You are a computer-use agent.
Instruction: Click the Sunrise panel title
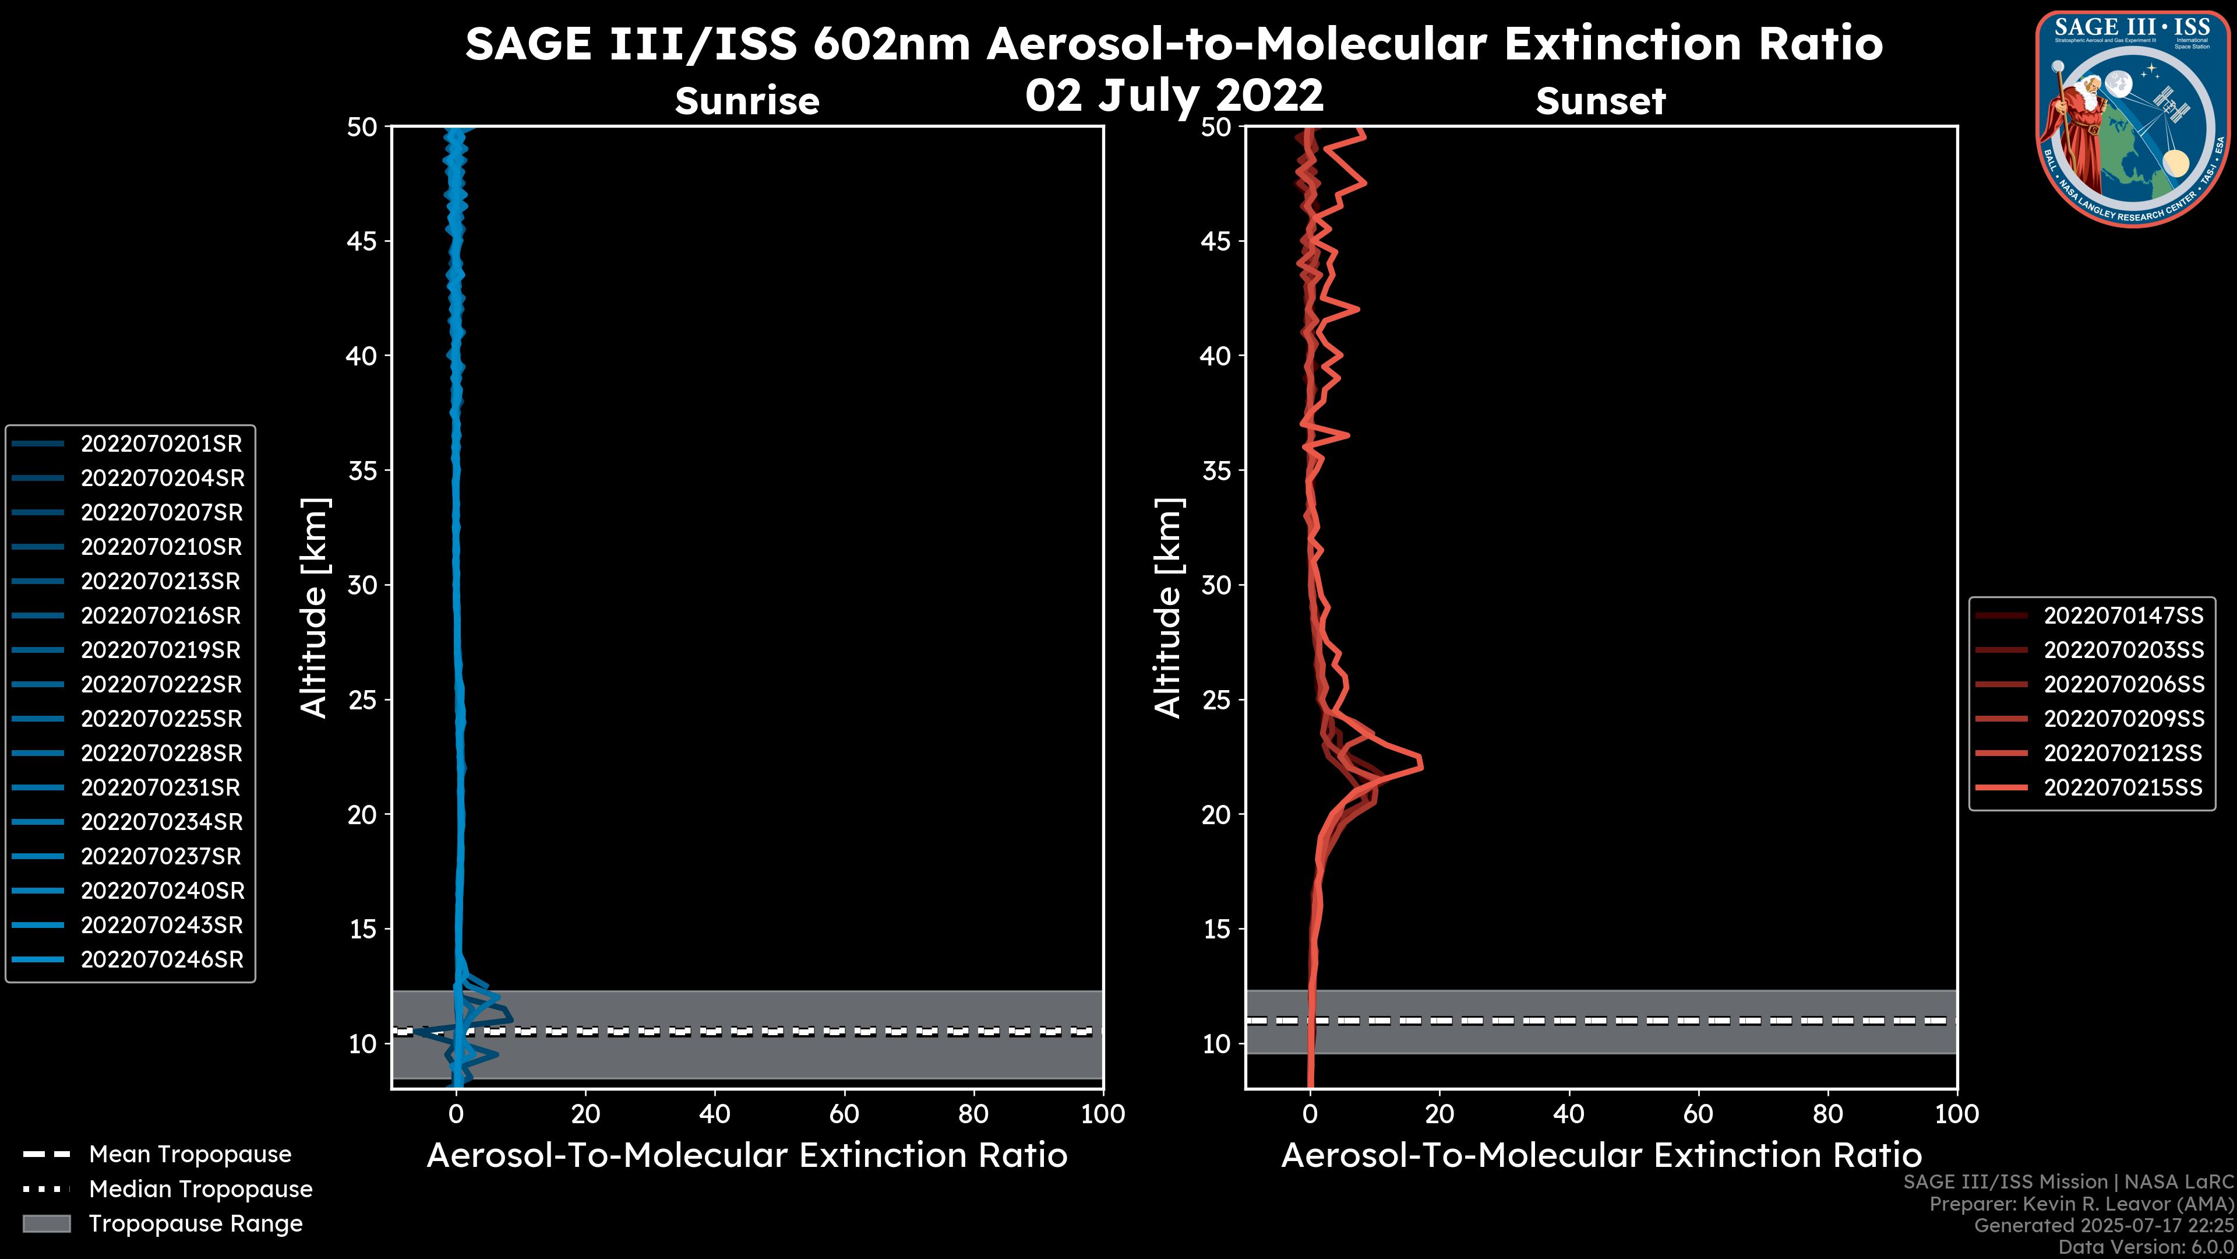[747, 101]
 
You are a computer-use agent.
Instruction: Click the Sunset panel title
[1600, 101]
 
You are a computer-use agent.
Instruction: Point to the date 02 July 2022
[1174, 96]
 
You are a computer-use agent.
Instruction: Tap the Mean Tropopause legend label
[190, 1155]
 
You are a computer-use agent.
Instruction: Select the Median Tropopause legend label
[200, 1190]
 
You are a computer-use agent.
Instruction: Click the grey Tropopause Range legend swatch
[47, 1223]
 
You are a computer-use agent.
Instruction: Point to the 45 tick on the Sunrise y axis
[362, 241]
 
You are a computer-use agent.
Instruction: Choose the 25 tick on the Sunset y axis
[1216, 700]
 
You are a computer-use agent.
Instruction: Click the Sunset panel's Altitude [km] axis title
[1168, 608]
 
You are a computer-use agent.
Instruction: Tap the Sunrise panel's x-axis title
[747, 1156]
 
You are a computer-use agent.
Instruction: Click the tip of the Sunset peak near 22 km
[1421, 765]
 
